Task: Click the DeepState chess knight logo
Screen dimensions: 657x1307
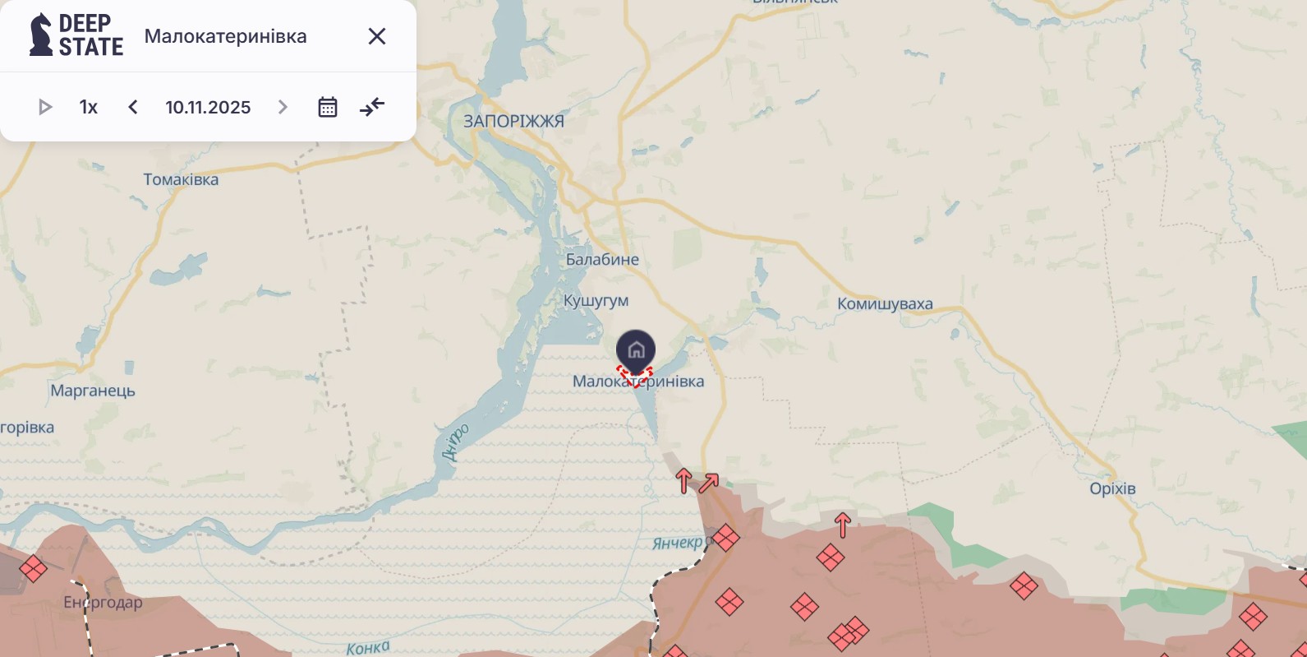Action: tap(40, 35)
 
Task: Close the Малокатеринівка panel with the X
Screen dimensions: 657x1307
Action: tap(377, 36)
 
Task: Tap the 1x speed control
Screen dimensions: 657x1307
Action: tap(89, 107)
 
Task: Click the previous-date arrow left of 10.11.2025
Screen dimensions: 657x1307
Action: tap(133, 107)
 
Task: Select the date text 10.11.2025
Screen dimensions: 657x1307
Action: tap(208, 107)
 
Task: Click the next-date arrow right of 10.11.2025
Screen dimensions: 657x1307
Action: tap(283, 107)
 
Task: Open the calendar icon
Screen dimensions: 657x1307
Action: tap(328, 107)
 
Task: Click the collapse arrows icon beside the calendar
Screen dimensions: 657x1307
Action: tap(372, 107)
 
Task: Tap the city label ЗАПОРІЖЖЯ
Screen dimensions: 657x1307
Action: tap(513, 121)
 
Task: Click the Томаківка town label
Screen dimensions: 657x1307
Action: tap(181, 179)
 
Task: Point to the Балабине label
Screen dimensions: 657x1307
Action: tap(602, 259)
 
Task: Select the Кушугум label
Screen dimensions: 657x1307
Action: tap(596, 301)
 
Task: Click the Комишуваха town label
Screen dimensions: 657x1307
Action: tap(885, 303)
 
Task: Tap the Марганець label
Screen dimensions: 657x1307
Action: tap(93, 391)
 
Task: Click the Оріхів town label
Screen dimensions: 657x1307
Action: tap(1112, 488)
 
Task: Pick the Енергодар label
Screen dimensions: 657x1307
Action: tap(103, 603)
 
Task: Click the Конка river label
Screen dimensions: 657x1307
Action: tap(367, 648)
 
